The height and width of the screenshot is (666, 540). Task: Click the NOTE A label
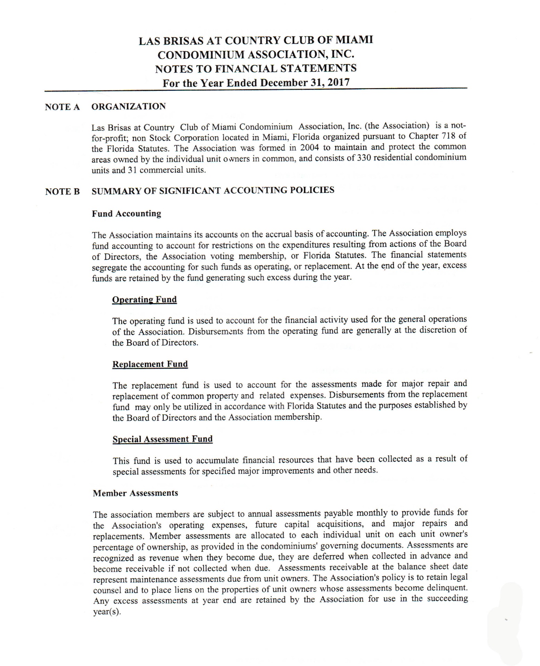62,107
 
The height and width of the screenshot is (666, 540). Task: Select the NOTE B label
62,191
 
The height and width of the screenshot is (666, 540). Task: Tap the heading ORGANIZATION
129,106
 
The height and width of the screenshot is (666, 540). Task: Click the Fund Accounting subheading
127,214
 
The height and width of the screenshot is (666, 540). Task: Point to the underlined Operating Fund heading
144,300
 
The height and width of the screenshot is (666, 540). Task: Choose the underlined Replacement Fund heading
150,364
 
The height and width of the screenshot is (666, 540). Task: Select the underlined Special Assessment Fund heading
162,439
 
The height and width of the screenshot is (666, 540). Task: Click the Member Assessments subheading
135,493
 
